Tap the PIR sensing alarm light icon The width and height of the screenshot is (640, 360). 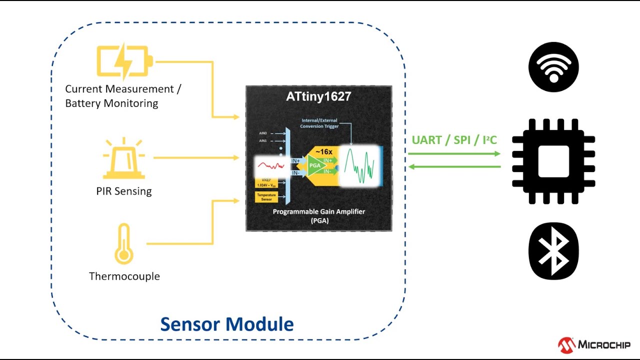pyautogui.click(x=123, y=159)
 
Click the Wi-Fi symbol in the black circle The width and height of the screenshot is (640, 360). pyautogui.click(x=553, y=67)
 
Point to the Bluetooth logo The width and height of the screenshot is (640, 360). pyautogui.click(x=553, y=251)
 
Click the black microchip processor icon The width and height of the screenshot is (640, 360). pyautogui.click(x=553, y=161)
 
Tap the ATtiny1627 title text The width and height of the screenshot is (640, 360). pyautogui.click(x=318, y=96)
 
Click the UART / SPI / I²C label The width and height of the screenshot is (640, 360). pyautogui.click(x=454, y=140)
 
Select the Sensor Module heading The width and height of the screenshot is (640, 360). pyautogui.click(x=227, y=324)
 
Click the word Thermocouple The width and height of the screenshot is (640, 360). pyautogui.click(x=124, y=276)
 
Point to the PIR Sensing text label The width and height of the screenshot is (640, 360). pyautogui.click(x=124, y=191)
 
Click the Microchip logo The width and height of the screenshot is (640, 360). pyautogui.click(x=594, y=344)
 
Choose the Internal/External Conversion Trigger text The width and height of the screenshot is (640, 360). pyautogui.click(x=320, y=123)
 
